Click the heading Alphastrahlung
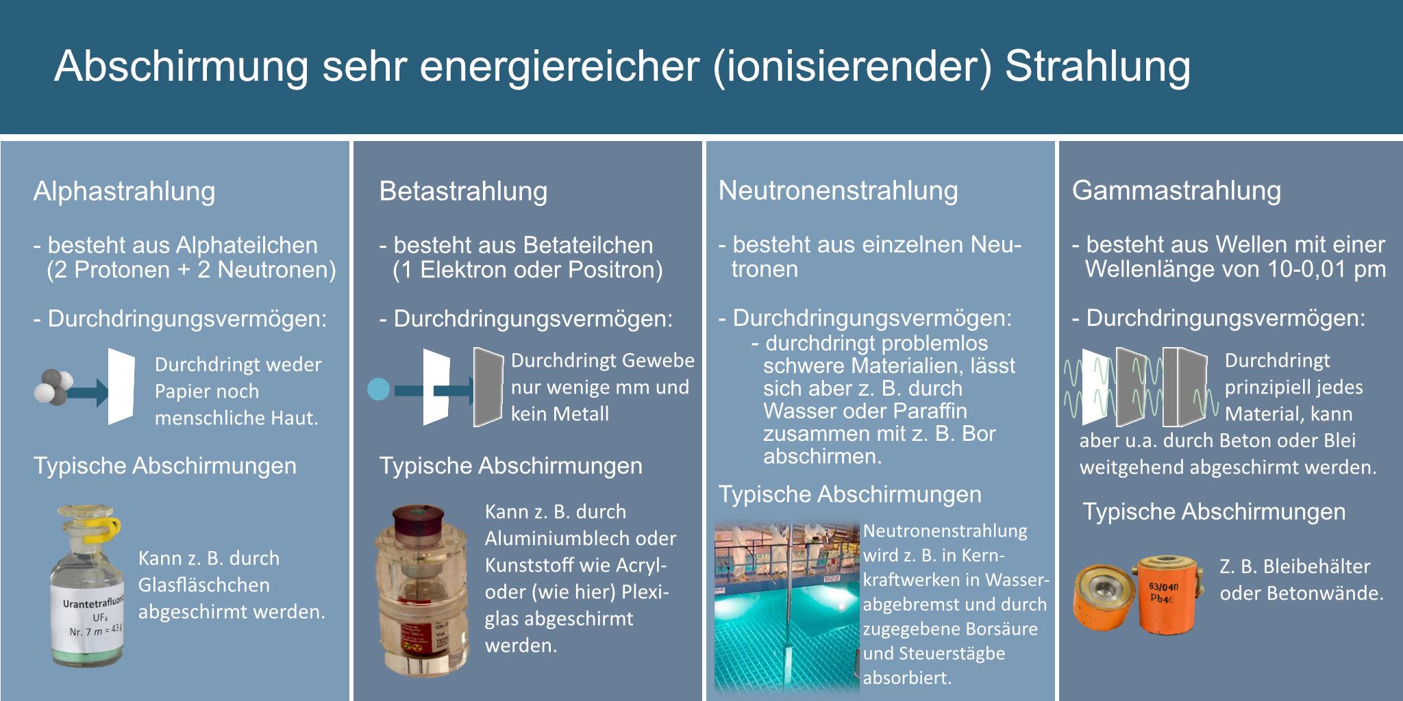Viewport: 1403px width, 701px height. (124, 192)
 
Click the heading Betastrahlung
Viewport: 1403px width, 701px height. (463, 192)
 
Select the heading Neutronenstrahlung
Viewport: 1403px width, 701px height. (838, 190)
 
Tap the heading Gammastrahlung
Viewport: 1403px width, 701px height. (1176, 190)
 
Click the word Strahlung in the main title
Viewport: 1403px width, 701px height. (1097, 67)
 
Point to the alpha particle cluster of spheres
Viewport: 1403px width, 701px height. (53, 387)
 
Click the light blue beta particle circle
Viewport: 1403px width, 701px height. (378, 390)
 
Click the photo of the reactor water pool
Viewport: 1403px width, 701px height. (786, 607)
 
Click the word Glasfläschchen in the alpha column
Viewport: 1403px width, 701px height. (204, 585)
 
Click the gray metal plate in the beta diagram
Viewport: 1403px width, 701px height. (488, 387)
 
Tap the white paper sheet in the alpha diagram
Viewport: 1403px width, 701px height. (121, 386)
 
